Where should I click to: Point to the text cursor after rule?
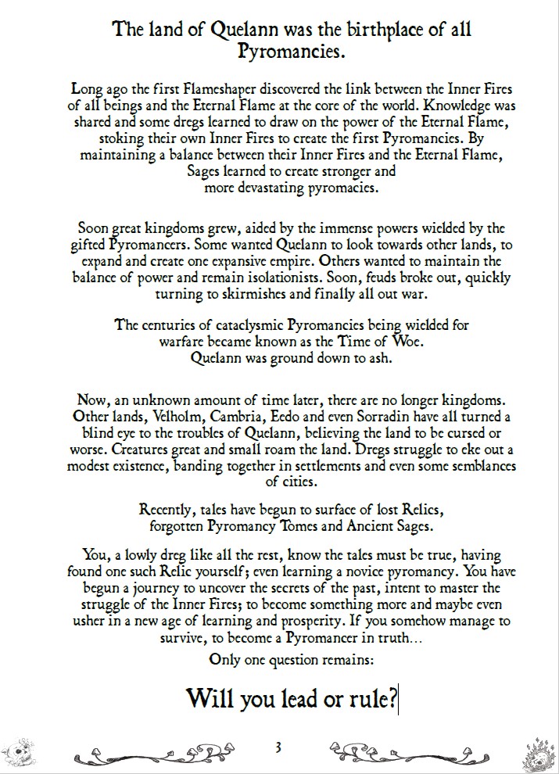(x=400, y=698)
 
